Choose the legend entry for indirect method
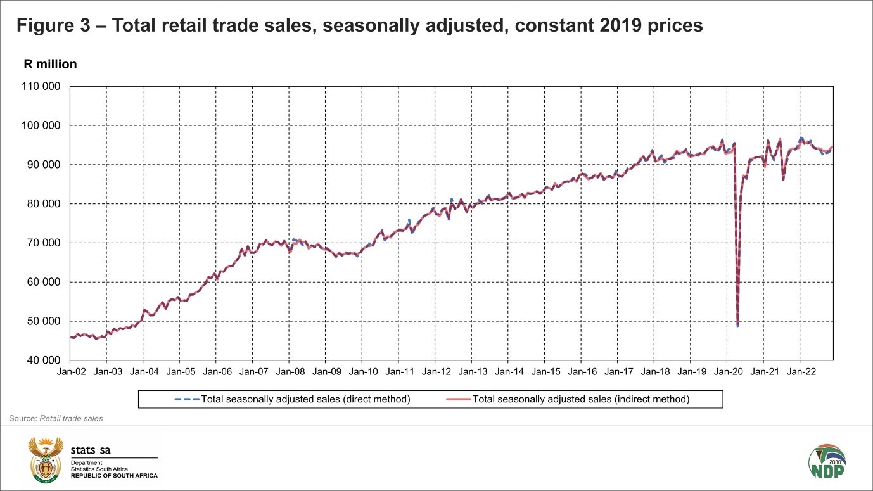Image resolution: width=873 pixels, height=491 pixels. click(580, 399)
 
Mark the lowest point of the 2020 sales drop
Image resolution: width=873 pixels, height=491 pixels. click(737, 326)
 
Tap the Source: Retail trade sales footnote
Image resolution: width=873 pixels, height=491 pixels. click(56, 418)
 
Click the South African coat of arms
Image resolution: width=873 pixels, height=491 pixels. click(46, 459)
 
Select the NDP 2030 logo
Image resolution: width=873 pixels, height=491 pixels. click(827, 460)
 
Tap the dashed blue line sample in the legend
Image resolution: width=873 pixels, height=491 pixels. click(187, 399)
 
